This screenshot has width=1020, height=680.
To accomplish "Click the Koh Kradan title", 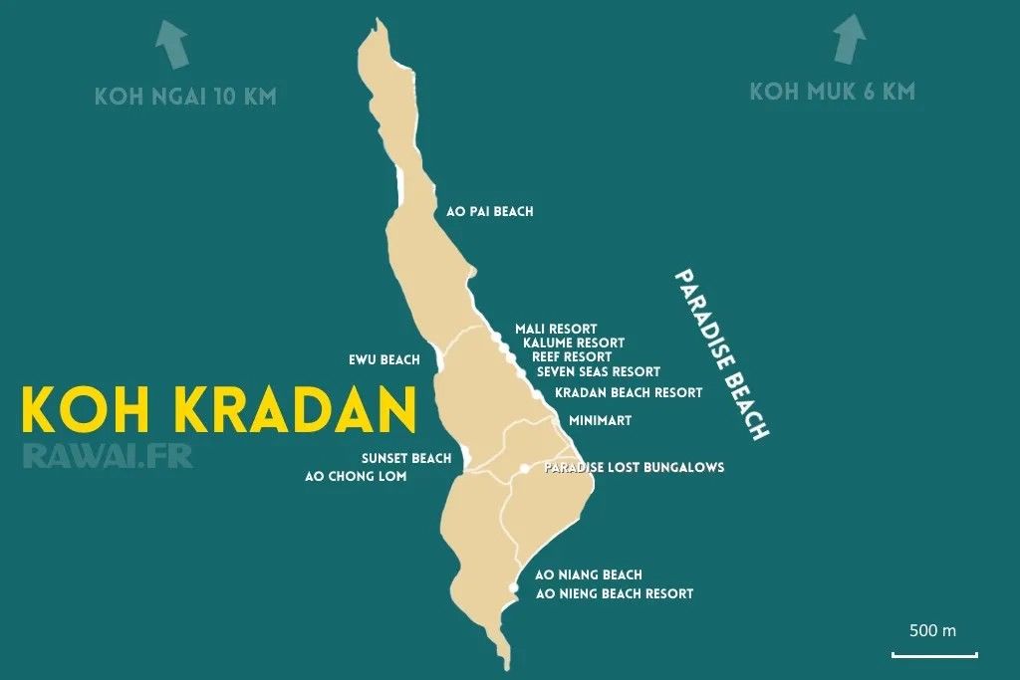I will point(218,409).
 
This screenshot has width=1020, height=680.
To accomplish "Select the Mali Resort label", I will point(556,329).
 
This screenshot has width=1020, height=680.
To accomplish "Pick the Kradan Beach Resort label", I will point(629,392).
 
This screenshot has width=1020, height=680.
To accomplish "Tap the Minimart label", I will point(600,421).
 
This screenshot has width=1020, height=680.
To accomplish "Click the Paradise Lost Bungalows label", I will point(635,467).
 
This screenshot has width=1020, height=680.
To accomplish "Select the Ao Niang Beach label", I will point(589,574).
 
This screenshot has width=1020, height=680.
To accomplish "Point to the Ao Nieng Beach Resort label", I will point(614,593).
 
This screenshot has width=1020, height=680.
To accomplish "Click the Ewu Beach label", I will point(383,359).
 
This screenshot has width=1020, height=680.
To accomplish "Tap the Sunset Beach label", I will point(406,458).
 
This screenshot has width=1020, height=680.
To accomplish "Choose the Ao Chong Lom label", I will point(356,476).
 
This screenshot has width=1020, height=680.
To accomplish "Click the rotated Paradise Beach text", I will point(721,354).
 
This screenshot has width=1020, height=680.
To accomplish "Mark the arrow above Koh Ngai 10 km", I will point(173,46).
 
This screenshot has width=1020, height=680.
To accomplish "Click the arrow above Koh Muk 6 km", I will point(849,40).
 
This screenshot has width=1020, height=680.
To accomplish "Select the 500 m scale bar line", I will point(934,654).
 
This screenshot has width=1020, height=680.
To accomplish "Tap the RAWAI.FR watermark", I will point(107,455).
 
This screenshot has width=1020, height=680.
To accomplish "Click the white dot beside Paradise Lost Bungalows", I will point(524,468).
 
